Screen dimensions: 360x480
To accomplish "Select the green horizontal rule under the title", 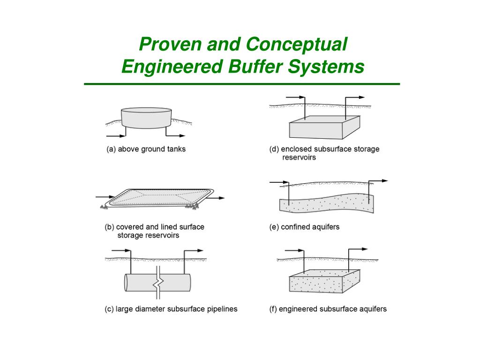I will click(242, 84).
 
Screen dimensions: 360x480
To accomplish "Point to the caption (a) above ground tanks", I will click(145, 150).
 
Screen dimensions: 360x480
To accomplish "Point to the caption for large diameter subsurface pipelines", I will click(171, 309).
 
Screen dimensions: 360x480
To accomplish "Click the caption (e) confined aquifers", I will click(304, 227).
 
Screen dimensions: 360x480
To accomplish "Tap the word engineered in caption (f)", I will click(299, 309).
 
